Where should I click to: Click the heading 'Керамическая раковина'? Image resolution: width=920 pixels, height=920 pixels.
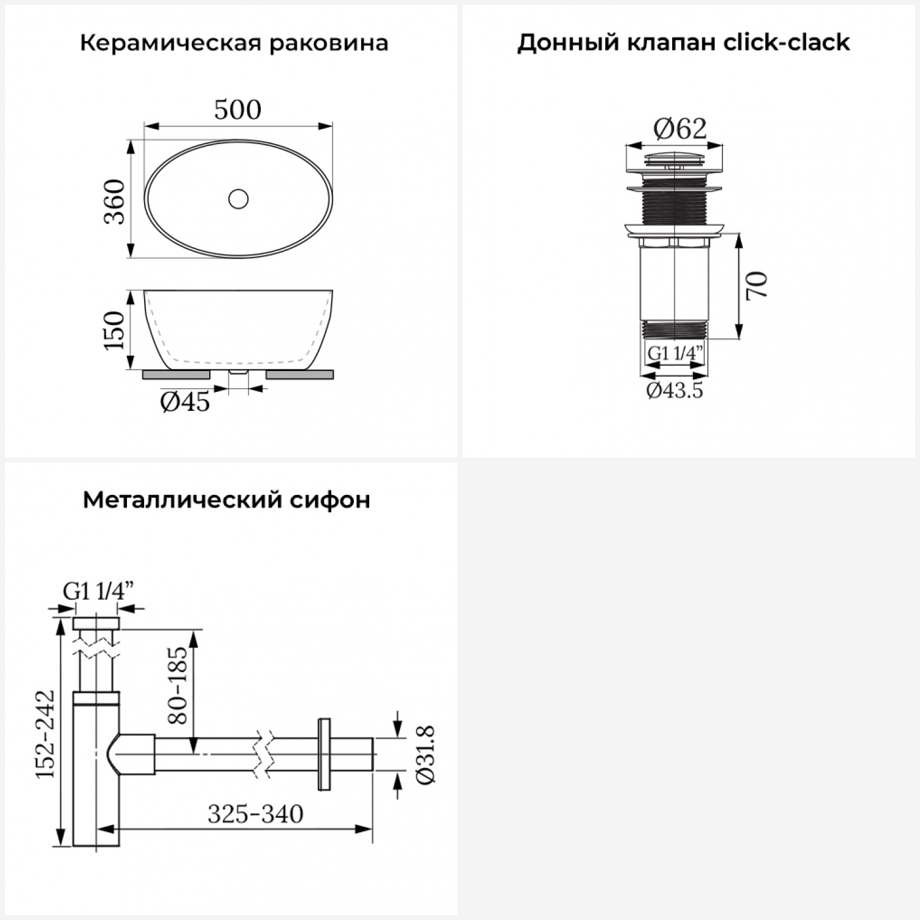point(234,44)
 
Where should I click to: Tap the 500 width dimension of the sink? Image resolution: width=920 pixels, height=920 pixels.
point(237,110)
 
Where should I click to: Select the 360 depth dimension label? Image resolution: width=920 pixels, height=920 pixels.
point(115,202)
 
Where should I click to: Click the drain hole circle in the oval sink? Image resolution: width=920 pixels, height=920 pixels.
point(238,199)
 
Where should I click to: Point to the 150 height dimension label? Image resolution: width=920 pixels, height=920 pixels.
point(115,330)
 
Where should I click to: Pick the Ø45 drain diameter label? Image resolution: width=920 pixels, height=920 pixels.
point(185,402)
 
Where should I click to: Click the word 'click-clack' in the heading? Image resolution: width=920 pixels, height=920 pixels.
point(786,42)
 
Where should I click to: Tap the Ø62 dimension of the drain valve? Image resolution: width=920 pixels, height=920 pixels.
point(680,129)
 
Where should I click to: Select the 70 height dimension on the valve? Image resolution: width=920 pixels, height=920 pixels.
point(757,285)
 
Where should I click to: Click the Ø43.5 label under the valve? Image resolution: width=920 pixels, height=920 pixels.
point(675,391)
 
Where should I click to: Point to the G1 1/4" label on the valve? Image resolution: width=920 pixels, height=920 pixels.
point(675,354)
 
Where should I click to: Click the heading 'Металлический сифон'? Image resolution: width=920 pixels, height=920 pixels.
point(226,500)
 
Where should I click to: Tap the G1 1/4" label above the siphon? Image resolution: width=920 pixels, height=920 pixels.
point(98,591)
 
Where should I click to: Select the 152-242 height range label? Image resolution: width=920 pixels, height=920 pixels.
point(45,734)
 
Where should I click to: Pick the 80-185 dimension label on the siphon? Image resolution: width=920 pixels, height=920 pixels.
point(177,685)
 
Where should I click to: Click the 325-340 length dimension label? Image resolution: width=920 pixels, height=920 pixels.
point(255,815)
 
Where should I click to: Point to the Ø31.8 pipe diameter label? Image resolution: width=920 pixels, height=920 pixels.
point(425,754)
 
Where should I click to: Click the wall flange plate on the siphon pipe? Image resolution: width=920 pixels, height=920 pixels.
point(324,754)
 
